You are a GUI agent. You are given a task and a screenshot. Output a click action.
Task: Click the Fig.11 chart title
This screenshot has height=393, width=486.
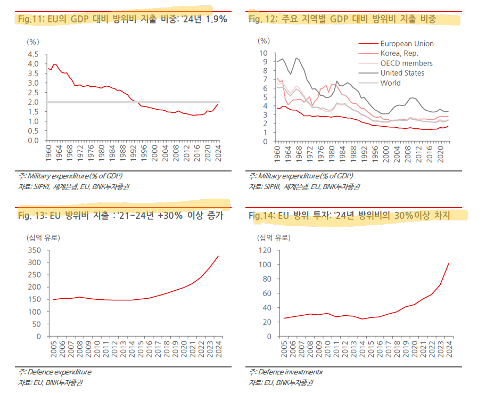coord(122,19)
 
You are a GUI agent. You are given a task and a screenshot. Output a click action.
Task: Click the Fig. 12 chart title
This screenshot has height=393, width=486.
coord(342,19)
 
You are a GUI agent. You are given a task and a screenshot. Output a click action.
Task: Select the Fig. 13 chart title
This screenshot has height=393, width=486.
coord(120,216)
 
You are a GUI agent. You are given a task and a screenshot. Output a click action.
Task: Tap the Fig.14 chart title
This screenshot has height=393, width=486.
coord(350,216)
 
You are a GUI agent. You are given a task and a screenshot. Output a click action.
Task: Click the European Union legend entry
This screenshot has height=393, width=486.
coord(407,44)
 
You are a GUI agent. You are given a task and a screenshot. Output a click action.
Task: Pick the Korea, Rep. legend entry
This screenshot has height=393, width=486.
coord(399,53)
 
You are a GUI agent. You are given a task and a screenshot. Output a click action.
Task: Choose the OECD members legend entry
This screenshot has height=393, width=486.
coord(406,63)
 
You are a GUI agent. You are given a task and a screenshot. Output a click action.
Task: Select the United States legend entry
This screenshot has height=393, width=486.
coord(402,73)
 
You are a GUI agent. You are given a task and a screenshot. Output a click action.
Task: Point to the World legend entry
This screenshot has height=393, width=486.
coord(390,83)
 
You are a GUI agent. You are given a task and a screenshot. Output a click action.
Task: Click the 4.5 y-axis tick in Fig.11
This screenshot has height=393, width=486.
coord(32,54)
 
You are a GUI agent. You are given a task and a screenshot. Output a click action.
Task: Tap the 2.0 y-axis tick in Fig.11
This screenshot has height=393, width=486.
coord(32,102)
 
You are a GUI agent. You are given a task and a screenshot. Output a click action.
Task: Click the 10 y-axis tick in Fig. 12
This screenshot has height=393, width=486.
coord(262,53)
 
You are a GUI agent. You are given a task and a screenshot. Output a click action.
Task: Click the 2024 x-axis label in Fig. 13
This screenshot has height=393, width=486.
coord(218,350)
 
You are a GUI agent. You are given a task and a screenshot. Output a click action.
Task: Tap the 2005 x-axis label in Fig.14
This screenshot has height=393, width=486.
coord(285,350)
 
